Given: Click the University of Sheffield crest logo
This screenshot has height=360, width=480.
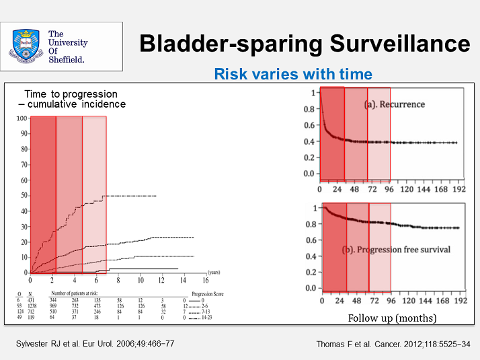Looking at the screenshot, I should pos(26,45).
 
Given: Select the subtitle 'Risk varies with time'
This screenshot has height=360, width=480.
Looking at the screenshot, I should pos(292,74).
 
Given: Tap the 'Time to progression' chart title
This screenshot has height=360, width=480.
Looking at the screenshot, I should pos(71,94).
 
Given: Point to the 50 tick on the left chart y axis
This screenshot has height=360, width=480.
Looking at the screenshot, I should pos(24,195).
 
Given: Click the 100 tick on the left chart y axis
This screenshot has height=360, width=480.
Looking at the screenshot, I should pos(23,118).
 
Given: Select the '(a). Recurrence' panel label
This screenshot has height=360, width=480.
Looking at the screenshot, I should pos(395,105).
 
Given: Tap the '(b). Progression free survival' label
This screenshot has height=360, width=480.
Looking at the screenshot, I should pos(397,250).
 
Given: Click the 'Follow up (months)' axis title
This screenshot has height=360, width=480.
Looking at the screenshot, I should pos(392,318).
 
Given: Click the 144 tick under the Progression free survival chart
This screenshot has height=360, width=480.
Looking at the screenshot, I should pos(424,301).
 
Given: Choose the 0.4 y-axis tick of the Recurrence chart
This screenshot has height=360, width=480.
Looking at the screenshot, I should pos(309,141).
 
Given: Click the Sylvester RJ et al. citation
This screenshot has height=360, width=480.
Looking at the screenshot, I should pos(95,344).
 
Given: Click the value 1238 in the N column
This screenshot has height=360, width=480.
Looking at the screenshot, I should pos(30,305).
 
